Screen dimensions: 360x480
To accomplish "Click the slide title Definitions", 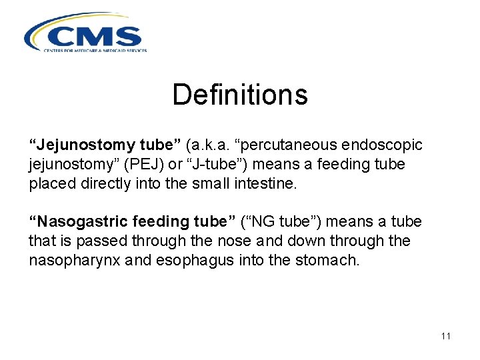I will click(240, 95).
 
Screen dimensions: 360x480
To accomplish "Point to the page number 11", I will click(445, 336).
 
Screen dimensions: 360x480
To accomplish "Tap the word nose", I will click(213, 241).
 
